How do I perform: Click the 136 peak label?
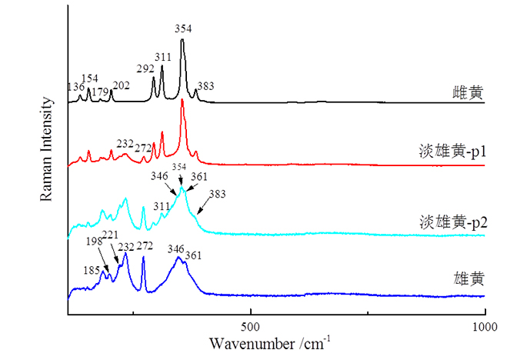point(75,87)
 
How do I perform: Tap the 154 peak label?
point(90,78)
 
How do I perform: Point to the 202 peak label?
point(121,85)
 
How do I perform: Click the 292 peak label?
point(146,68)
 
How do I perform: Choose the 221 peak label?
point(110,235)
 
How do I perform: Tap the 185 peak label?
point(92,270)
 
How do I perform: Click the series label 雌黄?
point(467,93)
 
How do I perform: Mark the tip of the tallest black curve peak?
point(182,40)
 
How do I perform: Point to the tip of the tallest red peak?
point(182,100)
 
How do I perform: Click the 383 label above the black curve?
point(206,85)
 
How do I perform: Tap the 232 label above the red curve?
point(125,143)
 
